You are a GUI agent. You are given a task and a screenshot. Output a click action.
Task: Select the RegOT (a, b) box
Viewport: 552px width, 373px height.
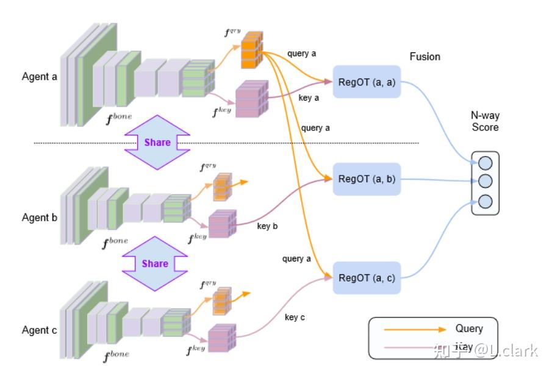[x=367, y=179]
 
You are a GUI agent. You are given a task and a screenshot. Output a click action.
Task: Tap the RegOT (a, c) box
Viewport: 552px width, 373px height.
[x=367, y=277]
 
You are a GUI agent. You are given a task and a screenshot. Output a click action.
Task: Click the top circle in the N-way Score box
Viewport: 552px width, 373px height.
[x=486, y=163]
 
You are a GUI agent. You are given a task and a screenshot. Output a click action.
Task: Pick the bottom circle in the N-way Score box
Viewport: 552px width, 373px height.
[x=486, y=201]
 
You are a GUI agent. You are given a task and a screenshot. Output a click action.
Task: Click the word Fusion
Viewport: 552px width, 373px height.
[x=425, y=57]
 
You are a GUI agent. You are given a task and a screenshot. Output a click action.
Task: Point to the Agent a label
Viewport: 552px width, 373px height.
[x=40, y=77]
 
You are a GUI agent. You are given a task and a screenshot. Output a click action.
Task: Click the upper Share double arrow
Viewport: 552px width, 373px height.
[x=157, y=143]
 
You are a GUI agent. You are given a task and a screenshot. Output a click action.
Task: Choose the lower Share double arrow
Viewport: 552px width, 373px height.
[x=155, y=263]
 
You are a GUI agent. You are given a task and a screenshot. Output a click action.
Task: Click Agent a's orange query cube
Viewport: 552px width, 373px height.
[x=251, y=51]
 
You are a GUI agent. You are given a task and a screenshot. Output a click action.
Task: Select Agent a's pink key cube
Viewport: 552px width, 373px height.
[x=251, y=99]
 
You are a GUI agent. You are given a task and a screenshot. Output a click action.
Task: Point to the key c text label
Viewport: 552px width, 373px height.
[x=295, y=318]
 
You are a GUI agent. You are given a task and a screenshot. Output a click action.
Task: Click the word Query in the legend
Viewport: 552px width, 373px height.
[x=468, y=329]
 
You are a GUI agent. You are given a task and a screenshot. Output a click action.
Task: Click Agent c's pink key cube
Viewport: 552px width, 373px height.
[x=222, y=339]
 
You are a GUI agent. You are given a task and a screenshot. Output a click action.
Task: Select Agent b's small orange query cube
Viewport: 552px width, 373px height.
[x=222, y=187]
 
